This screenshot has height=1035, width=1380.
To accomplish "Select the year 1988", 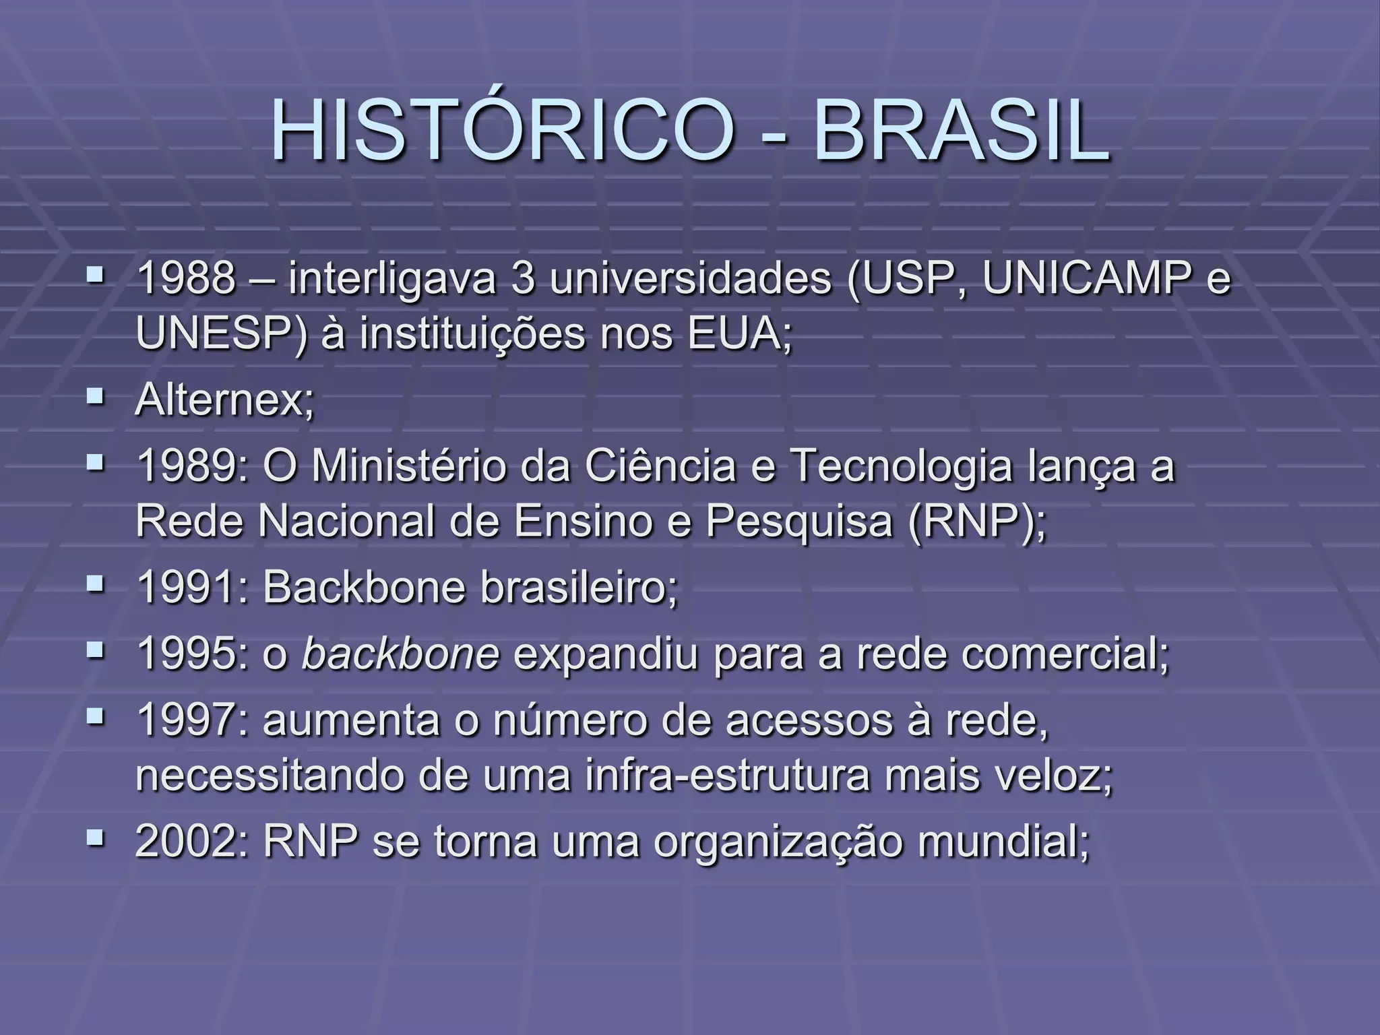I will [187, 278].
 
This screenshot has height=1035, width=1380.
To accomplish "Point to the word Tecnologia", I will [900, 466].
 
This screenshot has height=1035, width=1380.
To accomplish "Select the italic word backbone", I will [400, 653].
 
